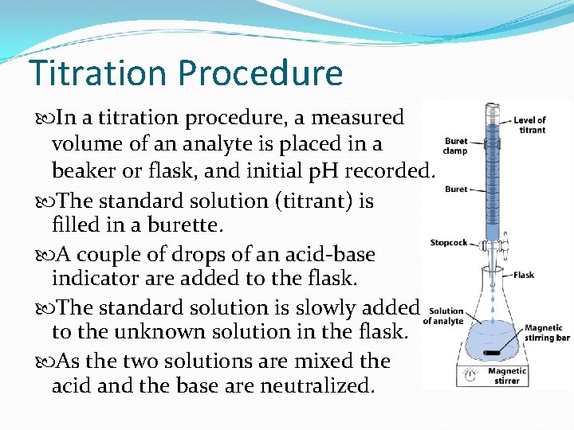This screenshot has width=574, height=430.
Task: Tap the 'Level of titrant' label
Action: [x=531, y=125]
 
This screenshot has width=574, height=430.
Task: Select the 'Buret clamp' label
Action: [x=455, y=146]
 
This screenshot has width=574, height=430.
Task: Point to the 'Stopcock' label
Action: [x=449, y=242]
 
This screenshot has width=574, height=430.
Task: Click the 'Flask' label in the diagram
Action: [x=524, y=275]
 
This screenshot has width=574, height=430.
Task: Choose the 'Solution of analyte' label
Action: [x=444, y=316]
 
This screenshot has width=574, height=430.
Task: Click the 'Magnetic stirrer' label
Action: [x=507, y=376]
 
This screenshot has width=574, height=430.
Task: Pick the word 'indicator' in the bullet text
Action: [x=93, y=279]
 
